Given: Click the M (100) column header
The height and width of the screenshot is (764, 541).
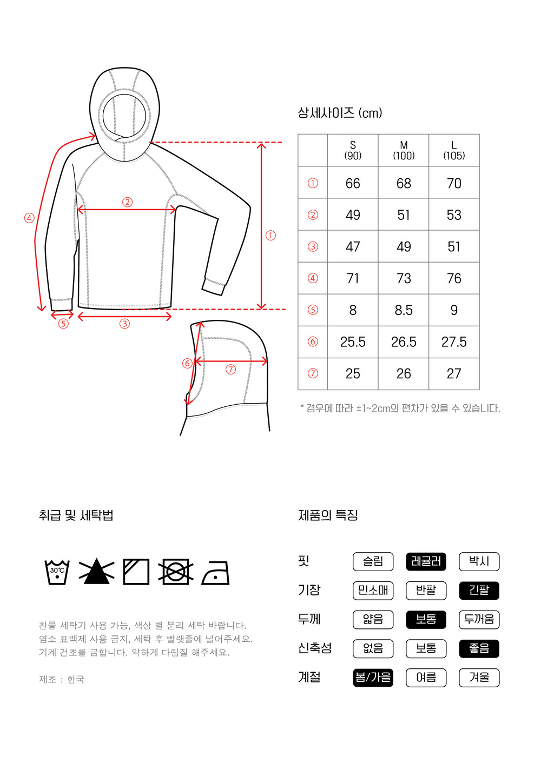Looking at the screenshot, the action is [x=404, y=150].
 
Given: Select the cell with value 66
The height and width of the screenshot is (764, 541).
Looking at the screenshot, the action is [x=353, y=183].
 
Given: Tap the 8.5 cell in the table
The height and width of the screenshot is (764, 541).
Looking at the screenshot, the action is [x=404, y=310].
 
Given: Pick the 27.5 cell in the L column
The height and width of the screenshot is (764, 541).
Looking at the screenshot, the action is [x=453, y=342].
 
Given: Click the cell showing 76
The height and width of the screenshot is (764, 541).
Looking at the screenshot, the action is [x=454, y=278].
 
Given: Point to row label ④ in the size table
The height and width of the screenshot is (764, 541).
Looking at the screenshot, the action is [x=313, y=278].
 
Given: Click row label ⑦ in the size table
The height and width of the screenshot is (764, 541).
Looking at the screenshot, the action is [x=313, y=373].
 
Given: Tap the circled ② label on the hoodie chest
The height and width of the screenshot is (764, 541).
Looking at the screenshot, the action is [x=127, y=202].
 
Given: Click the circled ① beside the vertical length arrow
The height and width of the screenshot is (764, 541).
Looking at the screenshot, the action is [x=270, y=236].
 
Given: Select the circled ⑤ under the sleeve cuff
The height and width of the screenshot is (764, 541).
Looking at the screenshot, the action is [x=63, y=323].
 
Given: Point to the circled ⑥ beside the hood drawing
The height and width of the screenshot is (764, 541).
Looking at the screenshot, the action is [x=187, y=363].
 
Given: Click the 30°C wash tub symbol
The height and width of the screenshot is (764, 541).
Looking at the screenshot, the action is [x=57, y=572].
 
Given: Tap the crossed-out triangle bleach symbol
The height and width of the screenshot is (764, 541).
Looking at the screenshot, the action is [x=97, y=571].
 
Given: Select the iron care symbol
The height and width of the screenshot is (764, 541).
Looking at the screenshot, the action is [x=215, y=573].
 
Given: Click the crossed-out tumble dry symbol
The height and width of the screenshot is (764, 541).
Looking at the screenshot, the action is [x=176, y=572].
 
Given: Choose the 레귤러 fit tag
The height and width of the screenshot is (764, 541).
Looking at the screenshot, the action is [x=426, y=561].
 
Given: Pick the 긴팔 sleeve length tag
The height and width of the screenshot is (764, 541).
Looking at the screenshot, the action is [x=479, y=591].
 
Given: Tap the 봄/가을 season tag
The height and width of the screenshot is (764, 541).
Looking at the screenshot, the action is [x=373, y=678].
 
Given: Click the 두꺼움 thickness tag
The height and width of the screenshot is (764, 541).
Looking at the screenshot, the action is [x=479, y=619].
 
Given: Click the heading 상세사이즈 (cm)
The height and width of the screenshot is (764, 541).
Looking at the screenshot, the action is [x=340, y=113].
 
